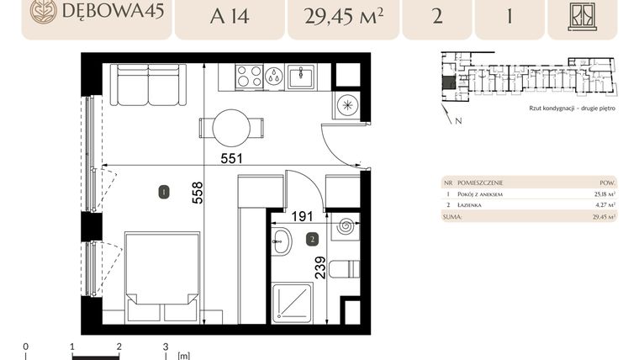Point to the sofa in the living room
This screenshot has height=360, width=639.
coord(149,86)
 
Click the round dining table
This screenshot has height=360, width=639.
coord(231,128)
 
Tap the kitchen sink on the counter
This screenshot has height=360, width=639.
coord(300,77)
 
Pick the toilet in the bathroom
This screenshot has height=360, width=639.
coord(344,269)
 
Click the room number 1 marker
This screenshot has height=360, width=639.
coord(163,193)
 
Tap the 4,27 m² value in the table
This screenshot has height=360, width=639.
coord(605,204)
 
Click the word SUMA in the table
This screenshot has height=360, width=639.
coord(452,216)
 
